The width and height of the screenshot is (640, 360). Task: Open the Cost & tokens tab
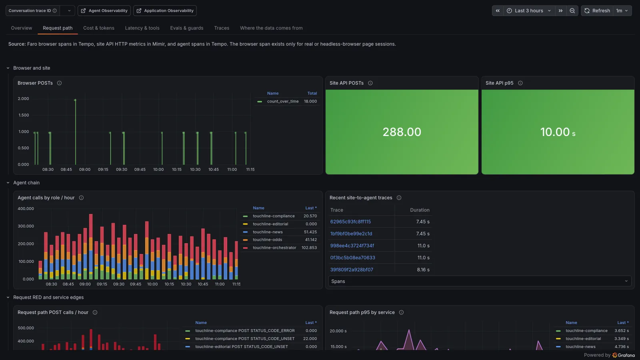coord(98,28)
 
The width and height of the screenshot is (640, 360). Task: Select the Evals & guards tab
coord(186,28)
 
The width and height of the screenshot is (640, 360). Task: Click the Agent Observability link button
coord(104,10)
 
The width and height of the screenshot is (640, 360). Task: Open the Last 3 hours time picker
coord(529,10)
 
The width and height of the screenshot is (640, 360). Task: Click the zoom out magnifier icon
coord(572,10)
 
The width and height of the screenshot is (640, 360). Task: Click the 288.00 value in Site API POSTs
coord(402,132)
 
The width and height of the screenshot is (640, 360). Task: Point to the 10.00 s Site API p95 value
coord(558,132)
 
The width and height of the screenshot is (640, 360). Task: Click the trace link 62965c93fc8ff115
coord(350,222)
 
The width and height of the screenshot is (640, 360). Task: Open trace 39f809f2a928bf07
coord(352,270)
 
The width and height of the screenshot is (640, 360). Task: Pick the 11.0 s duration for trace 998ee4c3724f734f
coord(424,246)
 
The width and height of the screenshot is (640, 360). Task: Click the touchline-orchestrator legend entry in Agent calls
coord(274,248)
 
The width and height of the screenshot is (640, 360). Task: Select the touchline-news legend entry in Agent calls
coord(268,232)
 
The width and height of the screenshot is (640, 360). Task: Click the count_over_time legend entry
coord(282,102)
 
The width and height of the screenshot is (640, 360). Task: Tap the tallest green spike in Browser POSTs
coord(76,132)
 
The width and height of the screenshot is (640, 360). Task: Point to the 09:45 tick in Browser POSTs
coord(140,170)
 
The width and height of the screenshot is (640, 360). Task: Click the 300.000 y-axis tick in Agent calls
coord(26,226)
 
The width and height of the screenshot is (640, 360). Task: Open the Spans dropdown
coord(480,282)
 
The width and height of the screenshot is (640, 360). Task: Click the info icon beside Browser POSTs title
coord(59,83)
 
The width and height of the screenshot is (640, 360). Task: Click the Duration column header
coord(420,210)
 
